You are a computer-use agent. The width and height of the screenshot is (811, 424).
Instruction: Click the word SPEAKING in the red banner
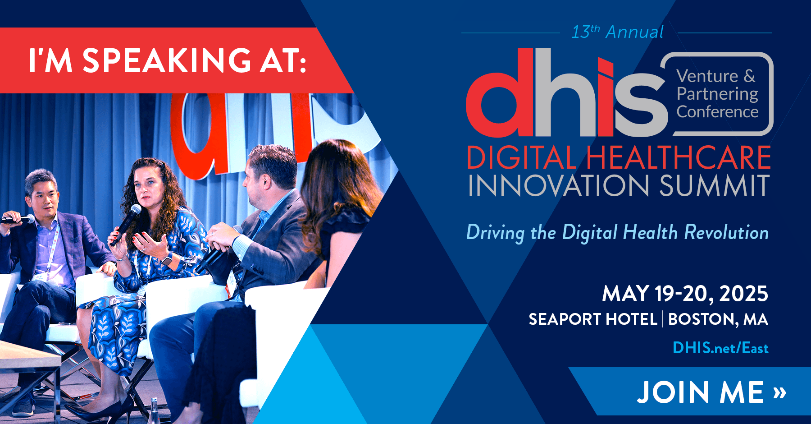(167, 60)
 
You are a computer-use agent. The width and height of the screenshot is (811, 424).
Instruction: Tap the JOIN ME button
(711, 392)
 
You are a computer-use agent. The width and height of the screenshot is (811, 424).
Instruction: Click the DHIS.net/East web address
(720, 348)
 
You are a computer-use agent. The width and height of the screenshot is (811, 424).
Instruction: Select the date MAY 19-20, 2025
(685, 294)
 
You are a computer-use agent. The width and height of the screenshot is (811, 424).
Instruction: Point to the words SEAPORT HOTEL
(593, 319)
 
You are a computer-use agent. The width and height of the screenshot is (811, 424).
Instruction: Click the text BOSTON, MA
(718, 319)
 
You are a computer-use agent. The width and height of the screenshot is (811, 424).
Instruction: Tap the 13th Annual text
(617, 32)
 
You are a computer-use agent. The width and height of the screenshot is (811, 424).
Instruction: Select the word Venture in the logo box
(708, 76)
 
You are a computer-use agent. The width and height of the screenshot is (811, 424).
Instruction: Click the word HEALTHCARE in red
(678, 157)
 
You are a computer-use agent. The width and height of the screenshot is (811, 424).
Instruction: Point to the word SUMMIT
(714, 185)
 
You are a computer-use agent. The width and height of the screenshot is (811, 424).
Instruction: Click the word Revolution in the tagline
(726, 232)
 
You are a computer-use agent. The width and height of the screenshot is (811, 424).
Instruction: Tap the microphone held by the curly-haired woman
(127, 224)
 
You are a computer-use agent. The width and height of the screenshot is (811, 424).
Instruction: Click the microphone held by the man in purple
(18, 219)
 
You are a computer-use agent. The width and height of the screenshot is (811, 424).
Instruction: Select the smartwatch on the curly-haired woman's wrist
(167, 259)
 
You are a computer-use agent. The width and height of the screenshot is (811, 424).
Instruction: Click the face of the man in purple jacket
(45, 198)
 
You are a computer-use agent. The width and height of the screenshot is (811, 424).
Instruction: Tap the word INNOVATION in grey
(559, 185)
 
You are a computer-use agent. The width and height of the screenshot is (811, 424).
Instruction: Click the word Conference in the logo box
(717, 111)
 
